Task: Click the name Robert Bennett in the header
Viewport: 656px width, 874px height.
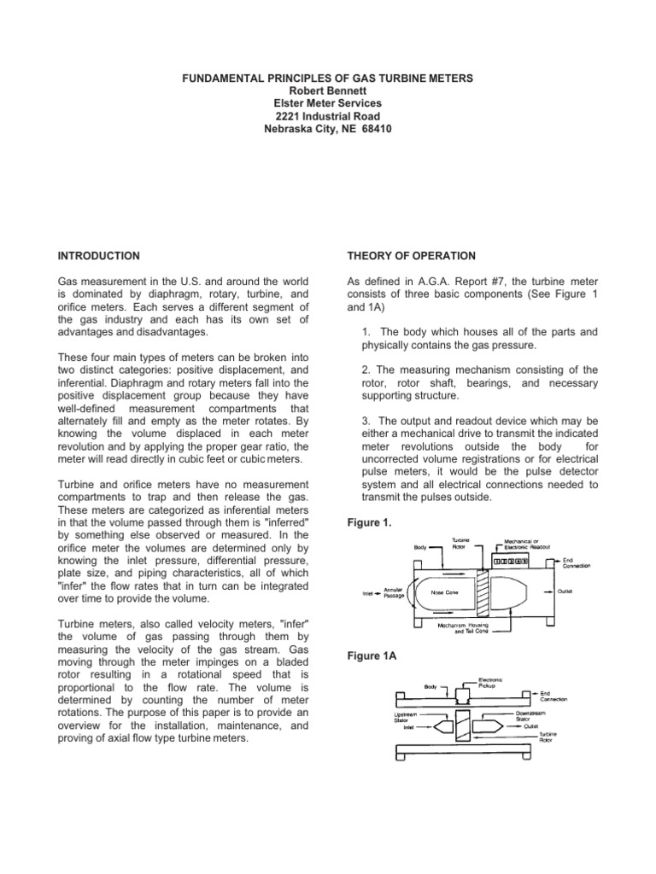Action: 328,90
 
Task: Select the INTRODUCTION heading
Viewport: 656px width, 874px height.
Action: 98,255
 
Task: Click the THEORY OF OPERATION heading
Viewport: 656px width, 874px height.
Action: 410,255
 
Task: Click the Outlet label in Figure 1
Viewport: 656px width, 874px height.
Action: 565,589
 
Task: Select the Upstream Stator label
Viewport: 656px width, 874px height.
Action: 406,714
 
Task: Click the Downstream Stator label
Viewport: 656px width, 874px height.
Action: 530,714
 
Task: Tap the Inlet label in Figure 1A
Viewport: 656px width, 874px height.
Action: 409,727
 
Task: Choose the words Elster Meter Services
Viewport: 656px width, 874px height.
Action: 328,103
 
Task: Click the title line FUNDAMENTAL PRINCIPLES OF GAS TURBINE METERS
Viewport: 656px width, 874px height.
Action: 328,78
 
